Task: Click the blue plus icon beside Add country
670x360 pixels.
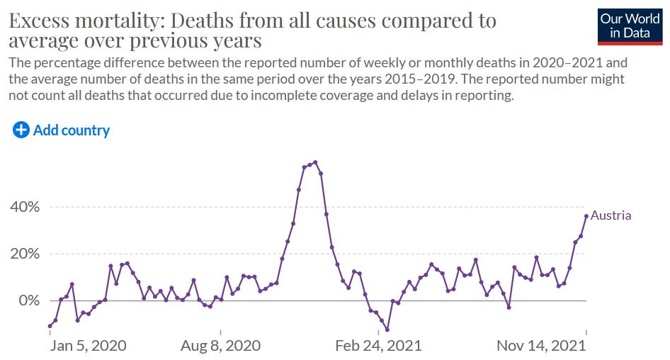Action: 21,130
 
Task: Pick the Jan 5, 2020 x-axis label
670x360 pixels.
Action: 89,346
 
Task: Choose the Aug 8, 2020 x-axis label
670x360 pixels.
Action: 220,346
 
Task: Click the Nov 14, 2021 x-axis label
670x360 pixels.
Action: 542,346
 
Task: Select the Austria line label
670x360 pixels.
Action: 611,215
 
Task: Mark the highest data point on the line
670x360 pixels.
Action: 315,162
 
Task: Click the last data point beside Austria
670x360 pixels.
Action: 586,216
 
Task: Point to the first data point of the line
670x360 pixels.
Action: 50,326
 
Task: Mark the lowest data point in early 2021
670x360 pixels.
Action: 387,330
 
